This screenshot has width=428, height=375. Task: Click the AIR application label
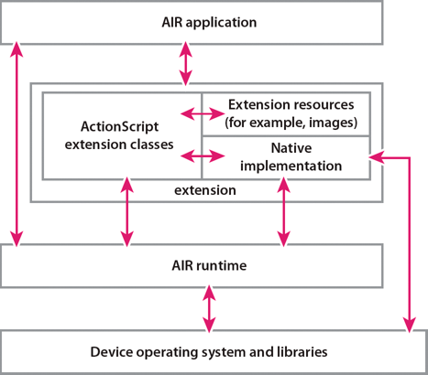[x=209, y=23]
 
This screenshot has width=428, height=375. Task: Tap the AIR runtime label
[x=209, y=265]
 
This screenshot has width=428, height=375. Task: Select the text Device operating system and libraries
[x=209, y=352]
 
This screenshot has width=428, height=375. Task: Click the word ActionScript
[x=119, y=127]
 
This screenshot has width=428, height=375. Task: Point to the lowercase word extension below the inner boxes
[x=205, y=190]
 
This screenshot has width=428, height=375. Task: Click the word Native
[x=291, y=148]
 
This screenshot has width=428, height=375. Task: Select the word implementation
[x=291, y=166]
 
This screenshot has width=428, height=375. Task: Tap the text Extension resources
[x=291, y=104]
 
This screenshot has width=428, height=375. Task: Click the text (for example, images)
[x=291, y=123]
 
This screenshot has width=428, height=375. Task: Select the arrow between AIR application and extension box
[x=185, y=63]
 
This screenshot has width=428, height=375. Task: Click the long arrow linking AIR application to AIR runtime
[x=16, y=144]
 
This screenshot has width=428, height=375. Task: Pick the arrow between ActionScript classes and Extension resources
[x=203, y=113]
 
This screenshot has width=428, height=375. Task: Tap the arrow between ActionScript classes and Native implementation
[x=203, y=156]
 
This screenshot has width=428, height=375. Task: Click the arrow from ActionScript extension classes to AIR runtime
[x=126, y=212]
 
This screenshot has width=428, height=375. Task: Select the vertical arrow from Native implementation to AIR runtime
[x=284, y=212]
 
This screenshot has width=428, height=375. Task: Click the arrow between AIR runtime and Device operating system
[x=209, y=308]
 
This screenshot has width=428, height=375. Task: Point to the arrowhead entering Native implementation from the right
[x=376, y=157]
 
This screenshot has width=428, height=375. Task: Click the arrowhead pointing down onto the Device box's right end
[x=409, y=325]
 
